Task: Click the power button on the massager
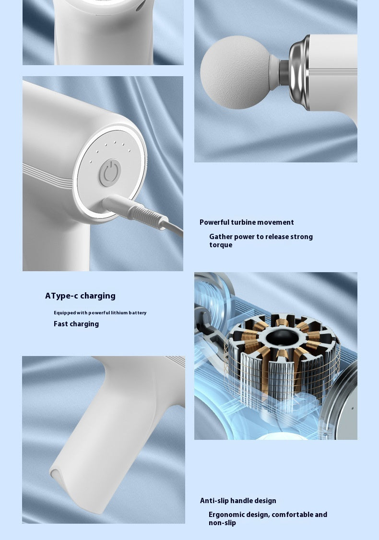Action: (x=110, y=172)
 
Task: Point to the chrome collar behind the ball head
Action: (x=299, y=72)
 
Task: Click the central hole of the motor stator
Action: (x=283, y=337)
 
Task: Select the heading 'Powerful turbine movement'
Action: (x=247, y=222)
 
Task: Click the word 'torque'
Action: (x=221, y=245)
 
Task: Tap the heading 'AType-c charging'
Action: (x=80, y=296)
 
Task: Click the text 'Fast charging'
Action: (x=76, y=324)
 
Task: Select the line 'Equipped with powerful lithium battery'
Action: (x=100, y=313)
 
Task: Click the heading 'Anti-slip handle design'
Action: (x=238, y=501)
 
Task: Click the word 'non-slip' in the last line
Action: (x=223, y=523)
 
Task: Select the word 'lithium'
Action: (x=119, y=313)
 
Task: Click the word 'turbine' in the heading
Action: (x=243, y=222)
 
